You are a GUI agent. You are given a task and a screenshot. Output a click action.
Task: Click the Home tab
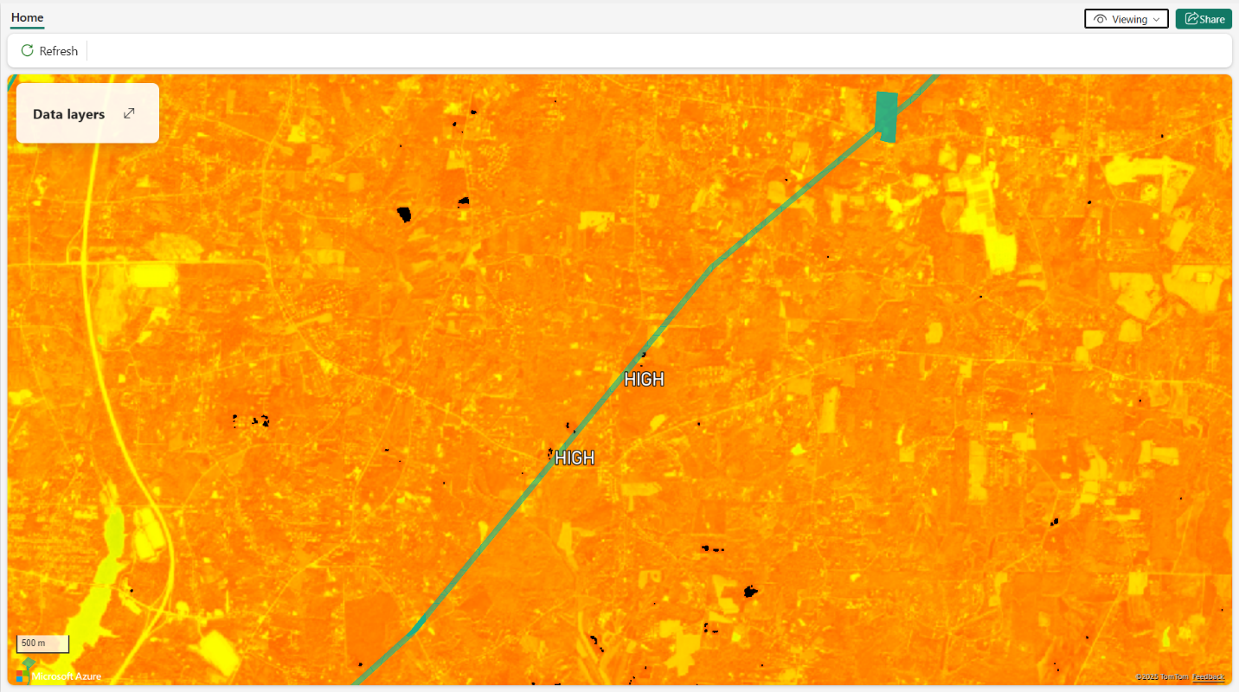(x=27, y=17)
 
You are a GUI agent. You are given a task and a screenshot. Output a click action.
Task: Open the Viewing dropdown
(x=1126, y=19)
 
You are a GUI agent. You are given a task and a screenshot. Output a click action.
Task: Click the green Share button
(x=1204, y=19)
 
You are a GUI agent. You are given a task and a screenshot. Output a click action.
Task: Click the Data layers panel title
(x=68, y=114)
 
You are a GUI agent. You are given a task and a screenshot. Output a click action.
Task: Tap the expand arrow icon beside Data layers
(x=129, y=113)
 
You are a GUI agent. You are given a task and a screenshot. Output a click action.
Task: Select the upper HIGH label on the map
(x=644, y=379)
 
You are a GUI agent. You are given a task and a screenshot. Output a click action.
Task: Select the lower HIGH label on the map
(x=575, y=458)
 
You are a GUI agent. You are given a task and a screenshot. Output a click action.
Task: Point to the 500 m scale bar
(x=43, y=644)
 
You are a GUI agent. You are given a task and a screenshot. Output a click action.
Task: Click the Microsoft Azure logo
(x=58, y=675)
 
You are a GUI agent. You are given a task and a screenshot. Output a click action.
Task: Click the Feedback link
(x=1208, y=676)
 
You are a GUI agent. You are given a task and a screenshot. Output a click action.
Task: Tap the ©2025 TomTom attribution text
(x=1162, y=676)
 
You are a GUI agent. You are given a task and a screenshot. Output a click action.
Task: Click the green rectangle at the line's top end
(x=887, y=115)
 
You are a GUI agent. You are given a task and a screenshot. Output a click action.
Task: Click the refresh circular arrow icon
(x=28, y=51)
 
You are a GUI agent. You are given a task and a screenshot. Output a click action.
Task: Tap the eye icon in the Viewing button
(x=1101, y=19)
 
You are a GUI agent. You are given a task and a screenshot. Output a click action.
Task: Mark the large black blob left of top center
(x=403, y=214)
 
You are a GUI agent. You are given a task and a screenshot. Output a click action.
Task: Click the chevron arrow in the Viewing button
(x=1156, y=19)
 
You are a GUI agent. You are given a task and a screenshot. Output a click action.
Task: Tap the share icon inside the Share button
(x=1191, y=19)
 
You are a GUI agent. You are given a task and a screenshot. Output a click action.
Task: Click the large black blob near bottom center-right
(x=750, y=592)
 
